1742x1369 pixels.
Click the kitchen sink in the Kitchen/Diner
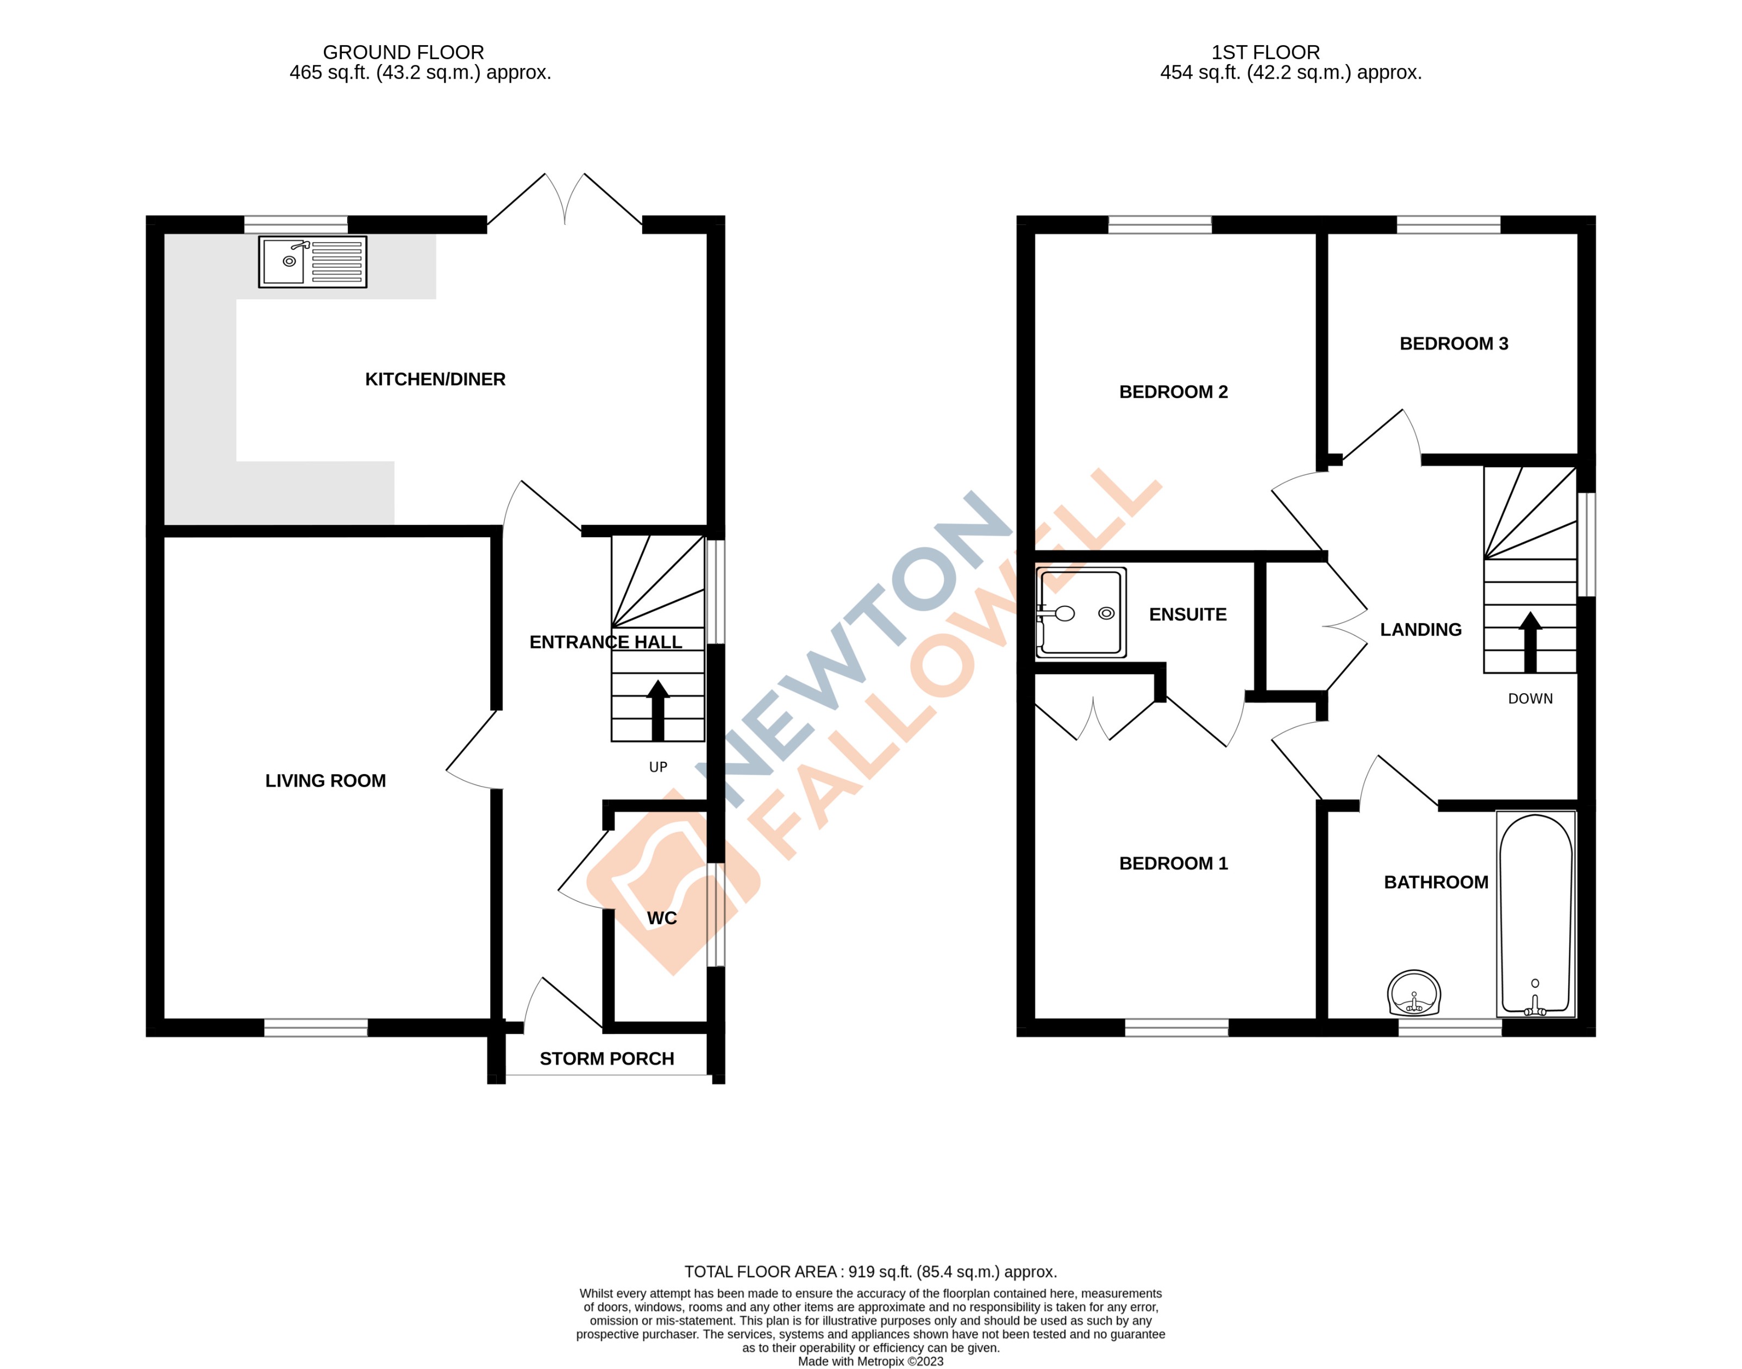pos(312,261)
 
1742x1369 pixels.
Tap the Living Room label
pos(325,781)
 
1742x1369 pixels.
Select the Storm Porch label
pos(607,1059)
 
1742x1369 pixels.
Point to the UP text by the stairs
pos(658,767)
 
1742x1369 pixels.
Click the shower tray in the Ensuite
pos(1081,613)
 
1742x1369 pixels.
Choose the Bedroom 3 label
pos(1453,344)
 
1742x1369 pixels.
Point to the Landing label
pos(1420,630)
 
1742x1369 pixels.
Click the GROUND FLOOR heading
pos(403,52)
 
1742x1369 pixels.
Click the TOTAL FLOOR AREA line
pos(870,1271)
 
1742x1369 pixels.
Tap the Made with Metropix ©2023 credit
pos(870,1361)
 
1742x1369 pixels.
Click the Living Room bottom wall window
pos(316,1027)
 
